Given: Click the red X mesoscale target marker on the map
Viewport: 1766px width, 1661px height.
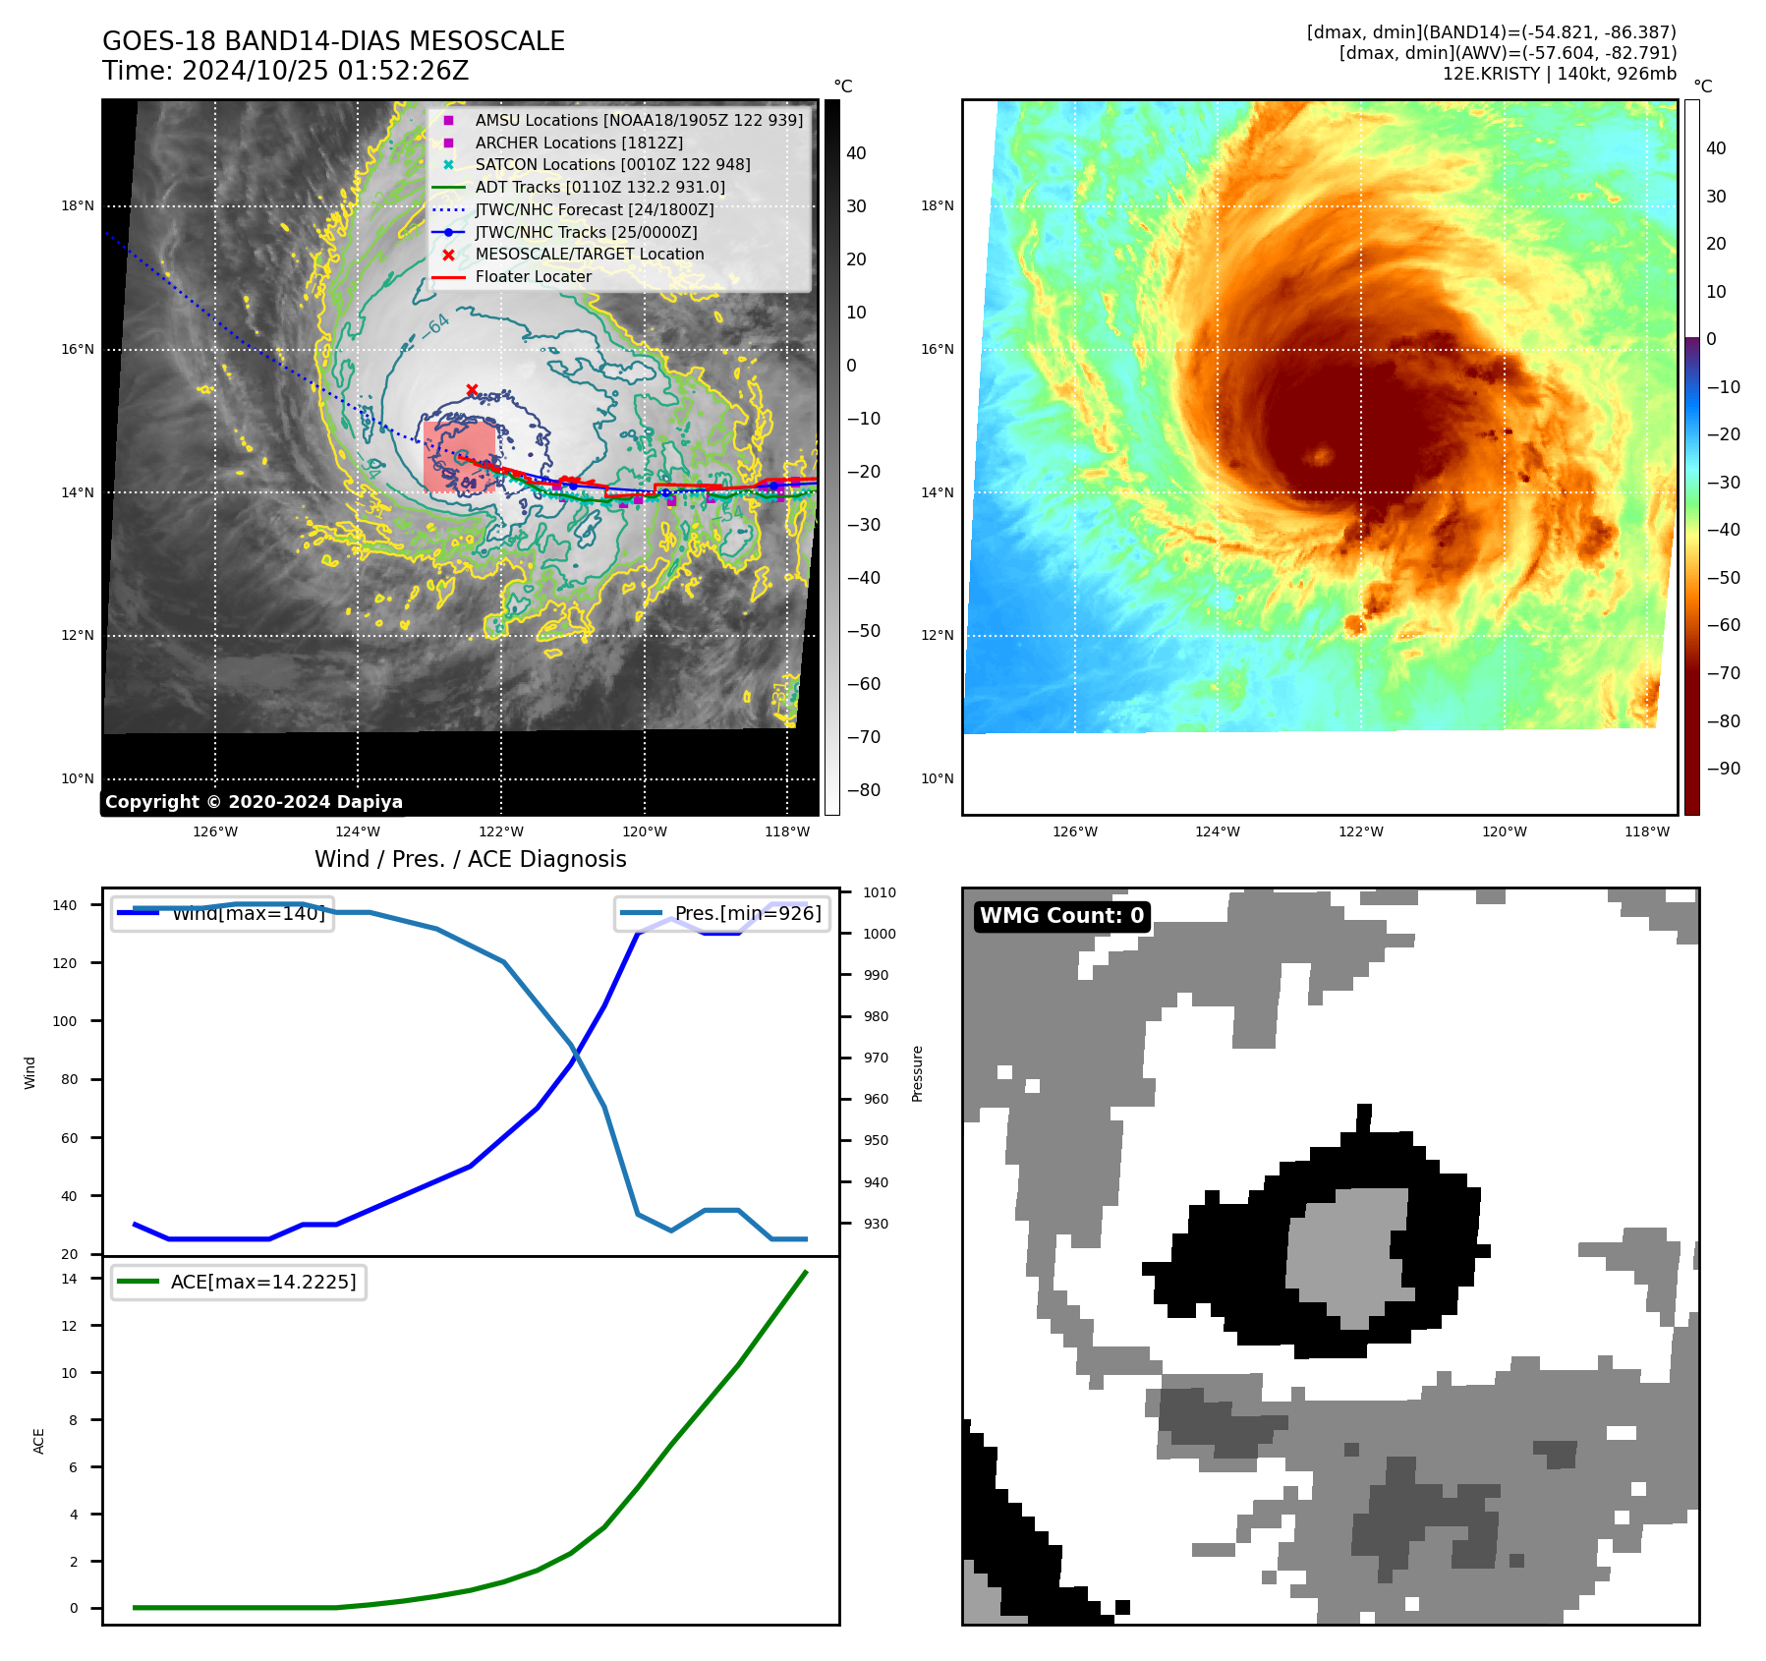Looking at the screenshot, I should pyautogui.click(x=472, y=390).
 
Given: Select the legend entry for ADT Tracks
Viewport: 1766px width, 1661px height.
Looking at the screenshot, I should pyautogui.click(x=599, y=187).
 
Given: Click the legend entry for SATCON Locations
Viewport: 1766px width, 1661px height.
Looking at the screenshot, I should pyautogui.click(x=612, y=164).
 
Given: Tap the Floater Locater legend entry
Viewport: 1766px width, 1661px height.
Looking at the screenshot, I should pyautogui.click(x=533, y=276).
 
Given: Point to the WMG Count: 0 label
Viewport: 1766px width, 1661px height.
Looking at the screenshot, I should pyautogui.click(x=1061, y=916).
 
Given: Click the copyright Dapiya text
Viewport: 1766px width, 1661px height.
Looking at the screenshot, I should pyautogui.click(x=254, y=802).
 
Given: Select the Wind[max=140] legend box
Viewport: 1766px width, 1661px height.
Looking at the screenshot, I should pyautogui.click(x=222, y=913).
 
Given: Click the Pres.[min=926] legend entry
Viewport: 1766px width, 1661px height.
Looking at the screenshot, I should pyautogui.click(x=722, y=913).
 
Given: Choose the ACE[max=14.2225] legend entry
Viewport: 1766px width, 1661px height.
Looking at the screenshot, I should pyautogui.click(x=239, y=1282).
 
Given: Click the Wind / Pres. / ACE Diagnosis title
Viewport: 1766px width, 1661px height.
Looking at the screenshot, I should pyautogui.click(x=470, y=859).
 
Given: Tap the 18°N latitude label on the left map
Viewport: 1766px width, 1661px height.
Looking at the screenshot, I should pyautogui.click(x=78, y=206).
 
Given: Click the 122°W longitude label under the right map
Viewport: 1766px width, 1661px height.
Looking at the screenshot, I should pyautogui.click(x=1360, y=831).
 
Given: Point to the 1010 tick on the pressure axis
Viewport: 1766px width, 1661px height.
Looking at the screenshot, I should pyautogui.click(x=879, y=892).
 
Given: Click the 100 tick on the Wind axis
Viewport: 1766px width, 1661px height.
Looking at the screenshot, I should pyautogui.click(x=64, y=1021).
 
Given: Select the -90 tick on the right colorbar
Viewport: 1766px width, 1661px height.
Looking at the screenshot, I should pyautogui.click(x=1723, y=769).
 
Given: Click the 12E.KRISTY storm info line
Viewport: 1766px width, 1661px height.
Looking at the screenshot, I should pyautogui.click(x=1559, y=74).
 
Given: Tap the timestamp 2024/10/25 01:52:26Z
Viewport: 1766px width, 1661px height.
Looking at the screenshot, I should pyautogui.click(x=324, y=71).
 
